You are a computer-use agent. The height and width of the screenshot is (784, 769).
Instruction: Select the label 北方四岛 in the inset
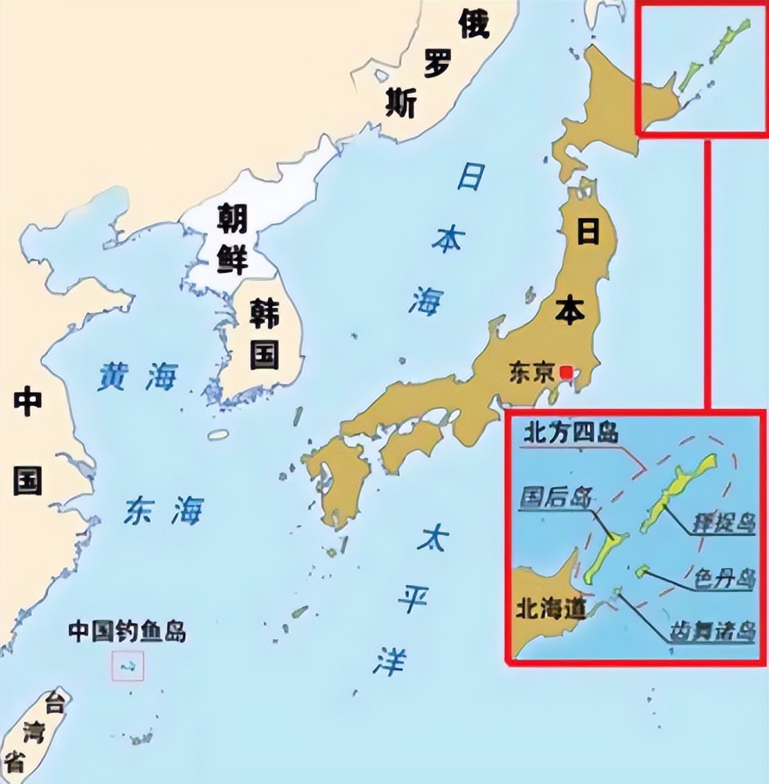coord(570,433)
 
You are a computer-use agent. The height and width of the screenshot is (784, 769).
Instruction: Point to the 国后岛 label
coord(556,498)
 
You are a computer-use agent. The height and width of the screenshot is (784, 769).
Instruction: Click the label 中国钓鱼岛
coord(127,632)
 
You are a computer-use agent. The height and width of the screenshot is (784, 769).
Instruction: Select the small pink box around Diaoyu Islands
coord(127,666)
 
